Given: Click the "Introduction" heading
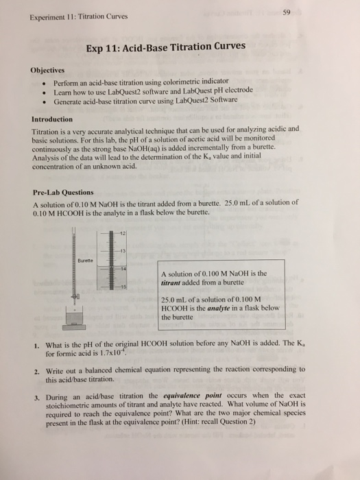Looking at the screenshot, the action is point(53,117).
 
